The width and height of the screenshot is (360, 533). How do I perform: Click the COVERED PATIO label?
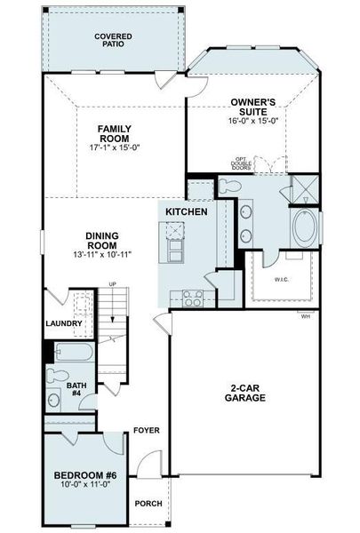(113, 41)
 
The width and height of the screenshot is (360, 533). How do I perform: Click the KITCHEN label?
(187, 212)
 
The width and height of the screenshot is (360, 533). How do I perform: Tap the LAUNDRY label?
(64, 323)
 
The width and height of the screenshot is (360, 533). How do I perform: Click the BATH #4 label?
(78, 390)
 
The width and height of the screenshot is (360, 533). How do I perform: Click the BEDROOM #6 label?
(84, 476)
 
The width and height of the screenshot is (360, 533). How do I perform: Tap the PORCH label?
(148, 504)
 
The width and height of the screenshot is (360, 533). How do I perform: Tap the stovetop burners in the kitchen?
(192, 298)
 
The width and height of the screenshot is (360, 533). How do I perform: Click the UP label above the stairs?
(113, 284)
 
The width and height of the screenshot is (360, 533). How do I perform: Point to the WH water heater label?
(305, 316)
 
